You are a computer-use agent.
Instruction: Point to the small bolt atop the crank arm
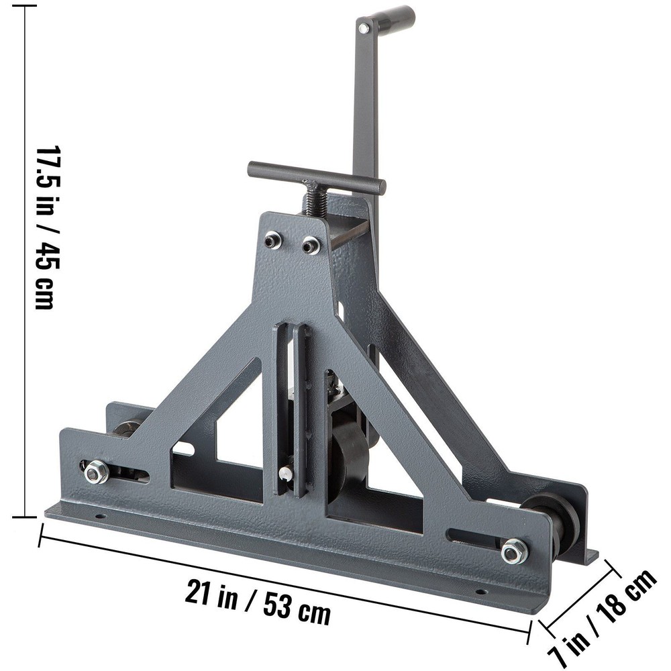click(x=363, y=28)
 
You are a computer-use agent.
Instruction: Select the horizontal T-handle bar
click(x=316, y=176)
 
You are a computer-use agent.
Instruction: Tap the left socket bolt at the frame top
click(x=272, y=240)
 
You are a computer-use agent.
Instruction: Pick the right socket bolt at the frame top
click(x=309, y=246)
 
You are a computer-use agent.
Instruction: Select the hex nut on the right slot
click(x=513, y=551)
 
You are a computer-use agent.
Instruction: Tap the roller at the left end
click(x=126, y=428)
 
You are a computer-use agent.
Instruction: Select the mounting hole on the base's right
click(x=480, y=592)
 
